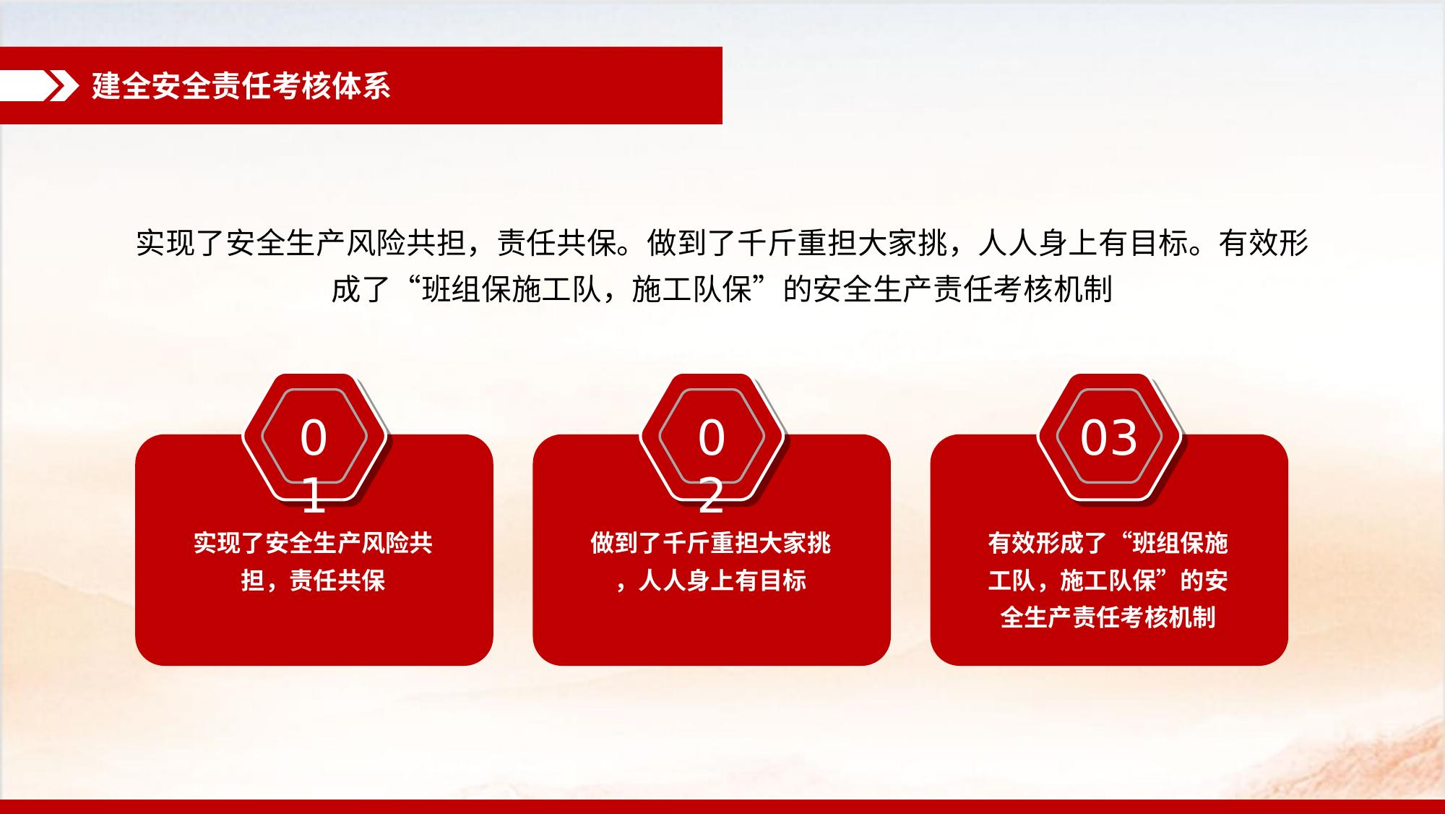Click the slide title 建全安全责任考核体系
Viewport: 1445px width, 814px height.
pyautogui.click(x=241, y=86)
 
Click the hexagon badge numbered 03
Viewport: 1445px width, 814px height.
pyautogui.click(x=1109, y=437)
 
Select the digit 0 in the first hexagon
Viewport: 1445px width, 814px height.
pyautogui.click(x=314, y=438)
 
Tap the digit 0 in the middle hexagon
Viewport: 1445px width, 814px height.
pyautogui.click(x=711, y=438)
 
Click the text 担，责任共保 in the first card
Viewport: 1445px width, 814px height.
pyautogui.click(x=314, y=580)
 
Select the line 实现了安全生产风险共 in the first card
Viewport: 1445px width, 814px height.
pyautogui.click(x=314, y=543)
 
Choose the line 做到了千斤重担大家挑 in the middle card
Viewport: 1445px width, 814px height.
pyautogui.click(x=711, y=543)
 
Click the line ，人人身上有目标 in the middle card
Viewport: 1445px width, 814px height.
pyautogui.click(x=711, y=580)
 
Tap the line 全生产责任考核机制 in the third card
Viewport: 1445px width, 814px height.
pyautogui.click(x=1108, y=617)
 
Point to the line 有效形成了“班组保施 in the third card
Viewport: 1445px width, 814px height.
pyautogui.click(x=1108, y=543)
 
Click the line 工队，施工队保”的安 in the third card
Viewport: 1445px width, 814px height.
pyautogui.click(x=1108, y=580)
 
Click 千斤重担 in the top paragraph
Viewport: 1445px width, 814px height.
pyautogui.click(x=797, y=243)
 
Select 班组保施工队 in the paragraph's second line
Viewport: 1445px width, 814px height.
pyautogui.click(x=512, y=289)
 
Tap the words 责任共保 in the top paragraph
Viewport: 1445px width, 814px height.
pyautogui.click(x=557, y=243)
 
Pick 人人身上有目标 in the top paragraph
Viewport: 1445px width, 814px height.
pyautogui.click(x=1084, y=243)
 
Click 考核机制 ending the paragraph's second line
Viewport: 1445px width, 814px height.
pyautogui.click(x=1053, y=289)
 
